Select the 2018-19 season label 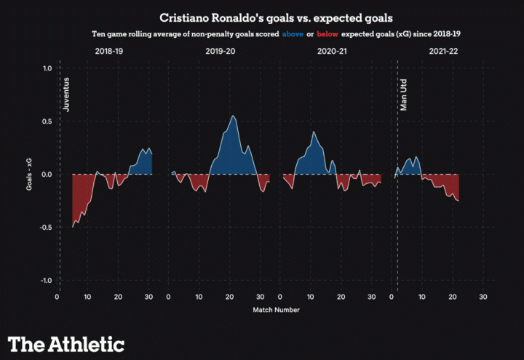(108, 52)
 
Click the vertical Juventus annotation (68, 94)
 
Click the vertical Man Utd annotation (405, 94)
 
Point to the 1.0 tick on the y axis (47, 68)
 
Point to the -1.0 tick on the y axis (45, 281)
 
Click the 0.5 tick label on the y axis (47, 121)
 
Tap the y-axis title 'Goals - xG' (29, 175)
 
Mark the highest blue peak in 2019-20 (233, 116)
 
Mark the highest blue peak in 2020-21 (313, 132)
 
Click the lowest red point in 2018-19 (73, 227)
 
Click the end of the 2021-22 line (458, 201)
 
